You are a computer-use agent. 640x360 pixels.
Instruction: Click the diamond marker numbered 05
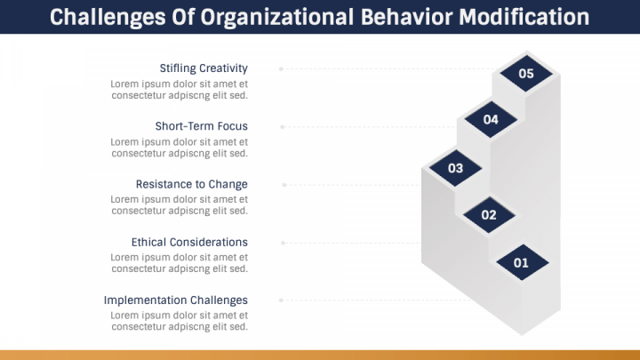(x=526, y=74)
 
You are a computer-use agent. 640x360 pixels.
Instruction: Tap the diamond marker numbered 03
(x=455, y=168)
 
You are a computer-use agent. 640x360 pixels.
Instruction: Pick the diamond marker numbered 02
(x=489, y=215)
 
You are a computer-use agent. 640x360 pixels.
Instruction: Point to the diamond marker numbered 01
(x=522, y=262)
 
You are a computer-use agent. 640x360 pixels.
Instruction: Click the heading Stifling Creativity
(x=204, y=68)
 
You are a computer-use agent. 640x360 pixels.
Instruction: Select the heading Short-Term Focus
(x=201, y=126)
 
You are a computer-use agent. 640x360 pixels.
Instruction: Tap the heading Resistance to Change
(x=191, y=184)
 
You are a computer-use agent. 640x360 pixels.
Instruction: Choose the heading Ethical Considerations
(x=189, y=242)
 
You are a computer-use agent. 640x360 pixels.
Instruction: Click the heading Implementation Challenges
(x=176, y=300)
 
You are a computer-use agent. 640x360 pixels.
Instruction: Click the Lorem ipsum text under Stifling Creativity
(x=179, y=90)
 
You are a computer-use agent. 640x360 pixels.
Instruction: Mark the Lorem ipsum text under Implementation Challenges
(x=179, y=321)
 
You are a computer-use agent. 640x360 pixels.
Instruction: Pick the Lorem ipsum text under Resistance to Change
(x=179, y=205)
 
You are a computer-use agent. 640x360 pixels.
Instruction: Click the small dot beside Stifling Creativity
(x=281, y=68)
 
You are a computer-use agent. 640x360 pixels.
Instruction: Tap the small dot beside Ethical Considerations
(x=283, y=243)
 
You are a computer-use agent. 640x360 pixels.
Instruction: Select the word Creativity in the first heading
(x=223, y=68)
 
